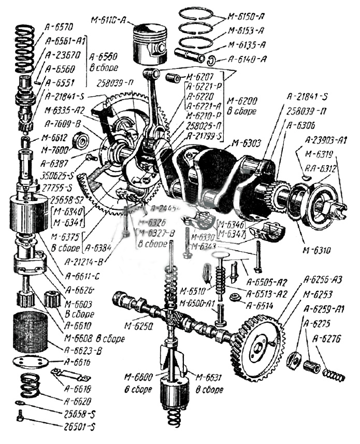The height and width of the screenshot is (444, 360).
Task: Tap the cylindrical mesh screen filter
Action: (x=30, y=332)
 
